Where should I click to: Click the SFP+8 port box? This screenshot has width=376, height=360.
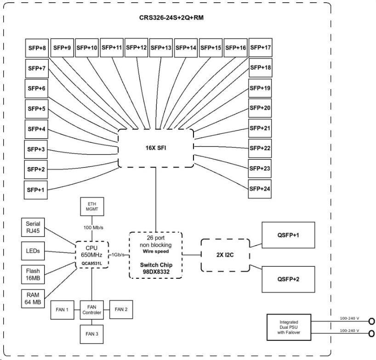37,48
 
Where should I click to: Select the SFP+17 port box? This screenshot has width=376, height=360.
261,47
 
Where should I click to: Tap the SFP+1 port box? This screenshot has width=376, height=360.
36,190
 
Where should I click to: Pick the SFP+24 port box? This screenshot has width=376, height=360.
260,189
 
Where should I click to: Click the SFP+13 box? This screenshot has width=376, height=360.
161,48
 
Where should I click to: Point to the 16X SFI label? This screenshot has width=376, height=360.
156,148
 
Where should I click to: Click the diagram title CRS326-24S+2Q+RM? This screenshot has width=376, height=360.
171,18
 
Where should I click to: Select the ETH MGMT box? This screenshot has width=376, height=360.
92,207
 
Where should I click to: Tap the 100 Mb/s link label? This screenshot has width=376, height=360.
93,228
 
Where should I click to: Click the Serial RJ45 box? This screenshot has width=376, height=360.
33,227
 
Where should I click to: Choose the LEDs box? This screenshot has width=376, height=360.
33,251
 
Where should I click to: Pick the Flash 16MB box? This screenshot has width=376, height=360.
33,275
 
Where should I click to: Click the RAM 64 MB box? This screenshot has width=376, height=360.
33,298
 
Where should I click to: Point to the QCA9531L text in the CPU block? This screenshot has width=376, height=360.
92,264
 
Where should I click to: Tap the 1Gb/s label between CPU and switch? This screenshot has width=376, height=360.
118,255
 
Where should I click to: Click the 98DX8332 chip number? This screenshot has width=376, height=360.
156,272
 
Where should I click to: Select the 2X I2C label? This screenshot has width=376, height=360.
225,255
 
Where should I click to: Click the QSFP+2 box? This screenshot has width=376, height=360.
288,279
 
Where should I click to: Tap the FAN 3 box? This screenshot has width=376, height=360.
91,334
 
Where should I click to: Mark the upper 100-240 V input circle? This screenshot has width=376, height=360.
371,321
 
